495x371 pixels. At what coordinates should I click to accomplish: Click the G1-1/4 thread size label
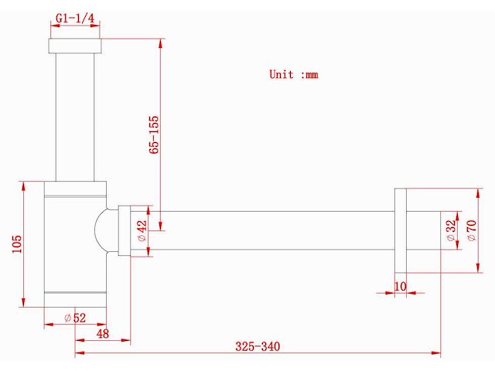75,18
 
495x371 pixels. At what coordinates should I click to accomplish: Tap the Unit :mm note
294,74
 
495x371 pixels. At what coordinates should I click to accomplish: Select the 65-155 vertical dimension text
154,134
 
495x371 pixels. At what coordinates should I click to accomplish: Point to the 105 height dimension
17,244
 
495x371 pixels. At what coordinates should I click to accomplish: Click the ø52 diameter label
75,318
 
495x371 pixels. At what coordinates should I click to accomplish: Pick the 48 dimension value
103,333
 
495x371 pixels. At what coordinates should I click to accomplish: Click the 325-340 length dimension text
258,346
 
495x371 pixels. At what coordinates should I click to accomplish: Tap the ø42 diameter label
142,230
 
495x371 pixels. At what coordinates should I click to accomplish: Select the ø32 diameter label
452,230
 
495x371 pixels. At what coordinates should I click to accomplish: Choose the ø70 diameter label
472,230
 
